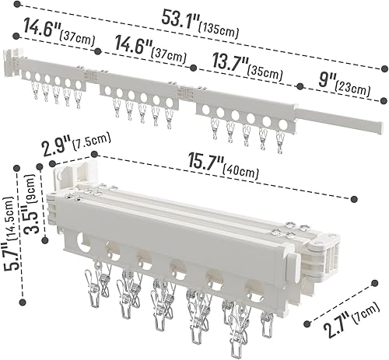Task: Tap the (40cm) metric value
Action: tap(246, 165)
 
